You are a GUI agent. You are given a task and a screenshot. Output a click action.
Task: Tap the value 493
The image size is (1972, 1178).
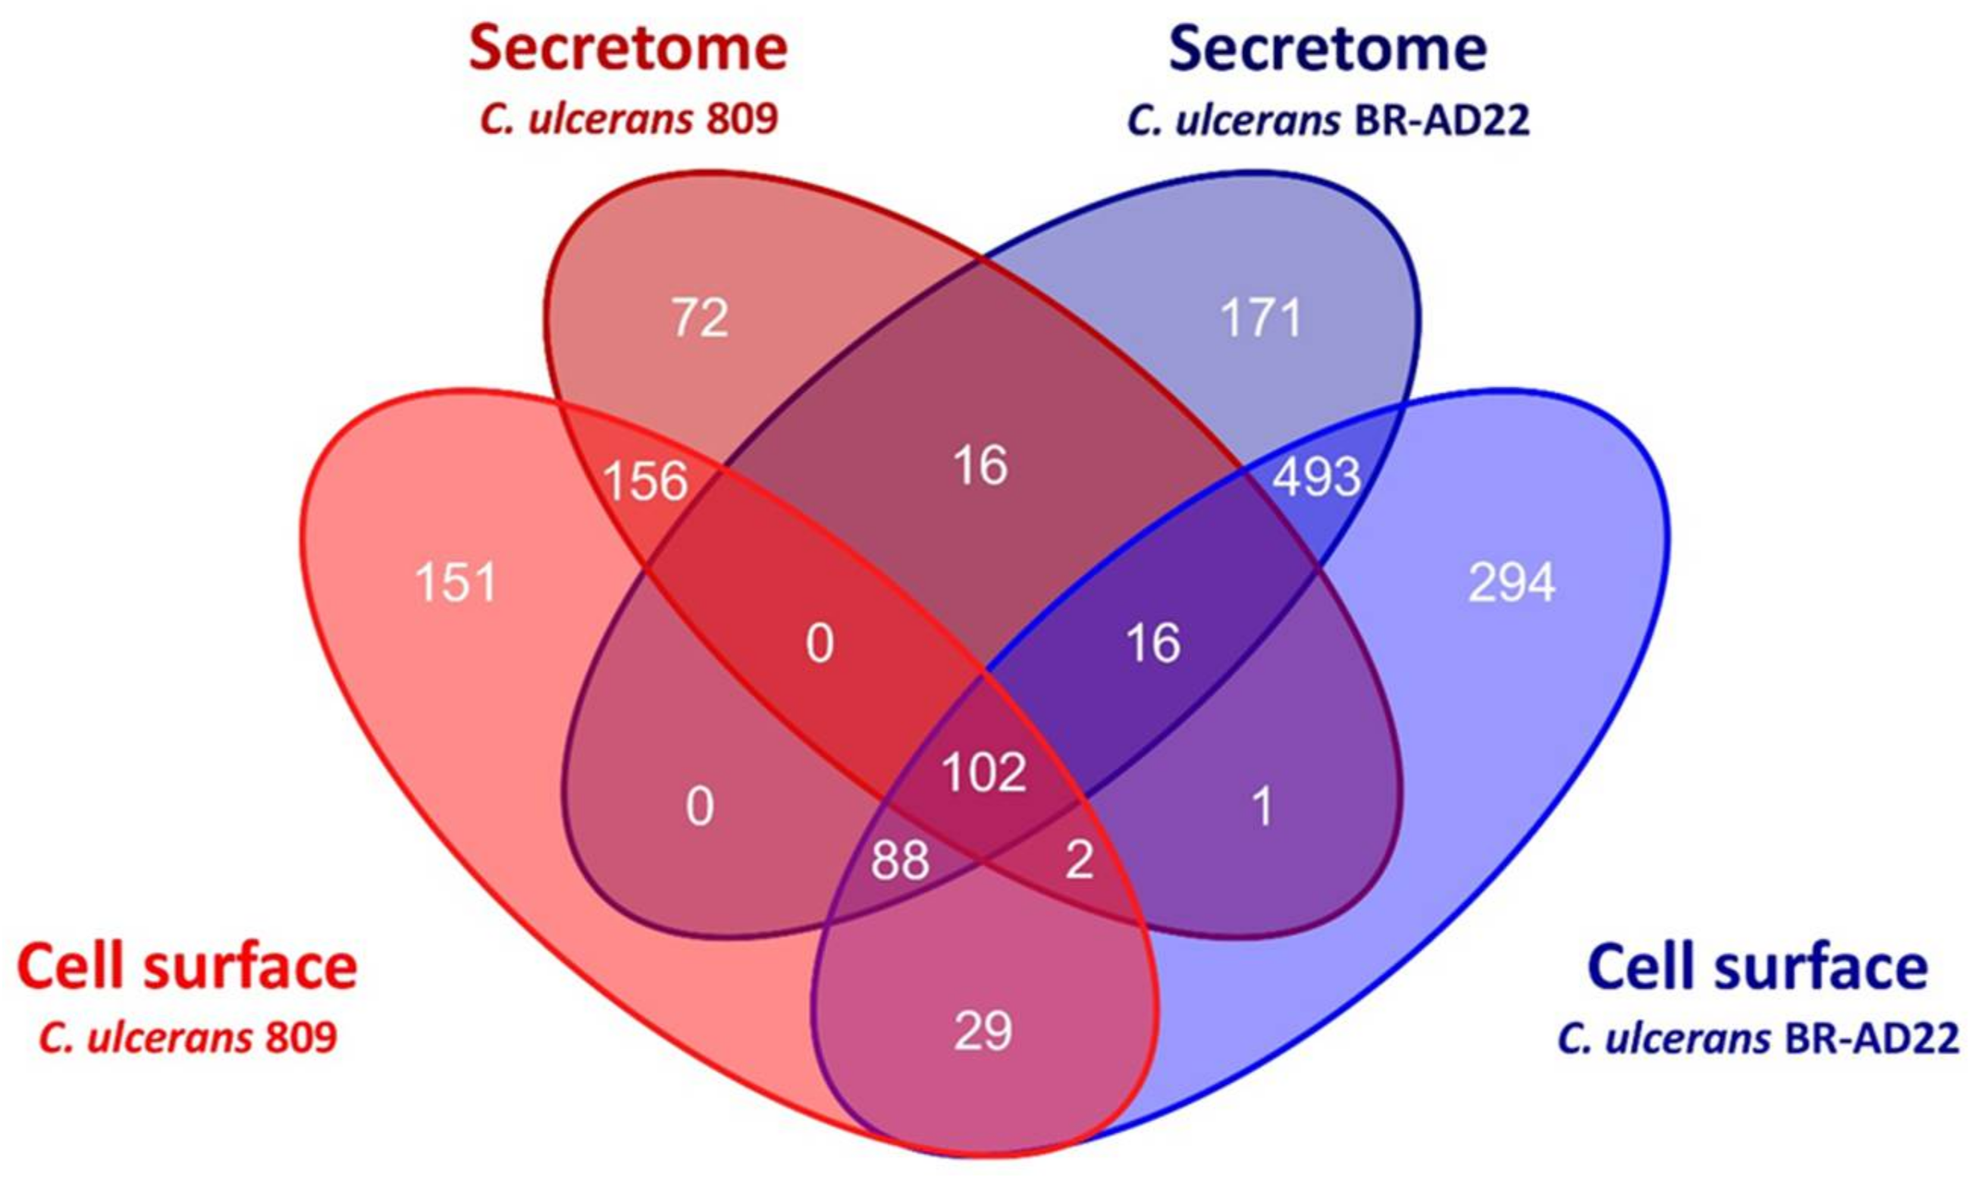click(x=1317, y=478)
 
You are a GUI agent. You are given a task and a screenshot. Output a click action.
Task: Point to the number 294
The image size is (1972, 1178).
click(x=1512, y=584)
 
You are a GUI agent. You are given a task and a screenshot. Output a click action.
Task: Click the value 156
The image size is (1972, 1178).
click(x=645, y=482)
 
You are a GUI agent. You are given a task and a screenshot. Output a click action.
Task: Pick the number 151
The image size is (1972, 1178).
click(x=456, y=584)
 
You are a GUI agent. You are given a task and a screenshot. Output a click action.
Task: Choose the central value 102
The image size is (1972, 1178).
click(x=984, y=772)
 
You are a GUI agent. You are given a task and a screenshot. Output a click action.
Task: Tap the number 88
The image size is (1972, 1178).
click(x=900, y=861)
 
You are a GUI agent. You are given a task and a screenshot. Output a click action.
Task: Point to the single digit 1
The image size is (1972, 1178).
click(x=1262, y=808)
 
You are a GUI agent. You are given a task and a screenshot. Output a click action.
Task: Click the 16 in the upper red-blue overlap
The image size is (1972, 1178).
click(x=981, y=466)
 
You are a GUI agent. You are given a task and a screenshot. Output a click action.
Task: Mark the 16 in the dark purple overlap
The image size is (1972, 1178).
click(x=1153, y=643)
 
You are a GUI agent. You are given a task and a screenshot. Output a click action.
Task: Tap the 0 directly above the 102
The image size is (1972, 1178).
click(x=820, y=644)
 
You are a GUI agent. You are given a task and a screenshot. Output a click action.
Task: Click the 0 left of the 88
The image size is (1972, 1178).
click(x=699, y=808)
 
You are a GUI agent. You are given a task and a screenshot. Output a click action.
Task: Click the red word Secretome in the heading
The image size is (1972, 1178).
click(x=628, y=49)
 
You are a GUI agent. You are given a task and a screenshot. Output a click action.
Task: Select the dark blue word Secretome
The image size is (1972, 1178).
click(x=1328, y=49)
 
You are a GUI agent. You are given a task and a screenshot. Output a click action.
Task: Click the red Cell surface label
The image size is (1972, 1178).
click(x=187, y=967)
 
